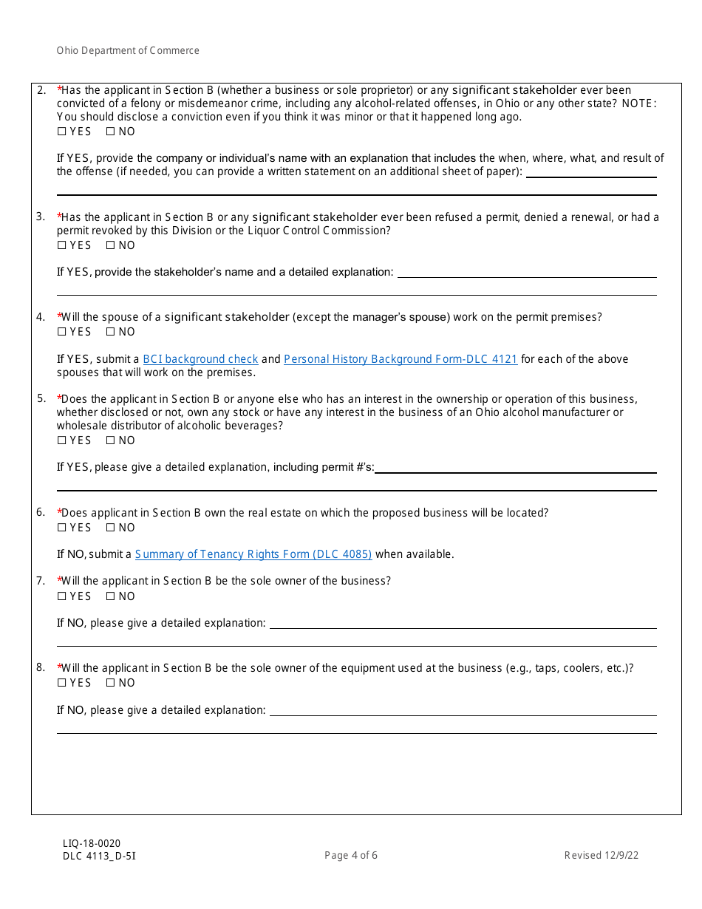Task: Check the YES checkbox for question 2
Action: (61, 132)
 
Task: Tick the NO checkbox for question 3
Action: (110, 245)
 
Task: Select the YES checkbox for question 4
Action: (61, 332)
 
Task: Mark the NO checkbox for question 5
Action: (110, 440)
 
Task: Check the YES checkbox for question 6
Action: (61, 528)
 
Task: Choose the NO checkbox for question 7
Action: (110, 596)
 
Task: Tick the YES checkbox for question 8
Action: (61, 683)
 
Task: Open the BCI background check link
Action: (200, 359)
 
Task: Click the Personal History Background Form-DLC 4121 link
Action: (401, 359)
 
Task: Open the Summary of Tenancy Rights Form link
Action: (253, 554)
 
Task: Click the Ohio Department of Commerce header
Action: (128, 51)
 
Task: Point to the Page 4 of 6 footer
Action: (351, 856)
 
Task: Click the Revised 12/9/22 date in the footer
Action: (602, 856)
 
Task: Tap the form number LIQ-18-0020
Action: (92, 844)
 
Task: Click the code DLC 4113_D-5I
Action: (99, 857)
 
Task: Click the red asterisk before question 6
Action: (59, 511)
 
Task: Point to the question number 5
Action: (41, 398)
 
